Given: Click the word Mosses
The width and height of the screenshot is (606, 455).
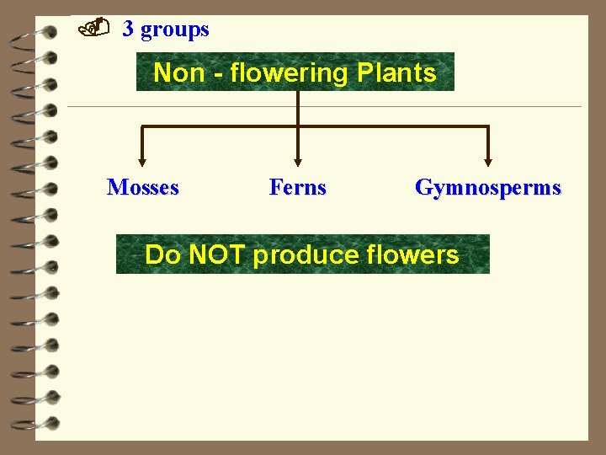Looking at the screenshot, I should click(143, 187).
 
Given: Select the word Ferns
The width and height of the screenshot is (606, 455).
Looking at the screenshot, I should click(297, 187).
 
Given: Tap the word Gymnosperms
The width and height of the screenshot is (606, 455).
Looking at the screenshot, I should click(487, 187).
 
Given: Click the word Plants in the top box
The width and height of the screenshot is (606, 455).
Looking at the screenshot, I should click(396, 73).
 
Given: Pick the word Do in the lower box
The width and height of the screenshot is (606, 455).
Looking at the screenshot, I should click(162, 254).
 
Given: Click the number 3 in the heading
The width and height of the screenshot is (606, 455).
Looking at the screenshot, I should click(128, 29).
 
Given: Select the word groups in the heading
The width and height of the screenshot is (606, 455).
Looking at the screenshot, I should click(175, 30).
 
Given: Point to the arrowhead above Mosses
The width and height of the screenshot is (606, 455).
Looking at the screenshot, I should click(141, 160).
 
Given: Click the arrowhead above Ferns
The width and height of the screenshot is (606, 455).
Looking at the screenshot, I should click(297, 160).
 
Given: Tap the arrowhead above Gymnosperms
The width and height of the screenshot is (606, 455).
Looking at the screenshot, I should click(487, 160).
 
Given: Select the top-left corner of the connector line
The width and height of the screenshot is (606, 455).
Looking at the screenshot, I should click(142, 127).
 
